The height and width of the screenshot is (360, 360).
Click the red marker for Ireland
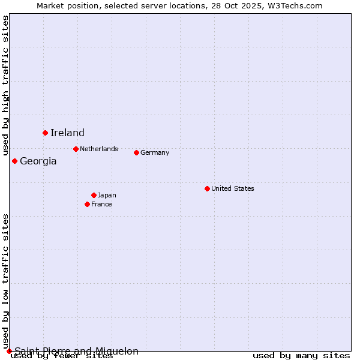click(45, 133)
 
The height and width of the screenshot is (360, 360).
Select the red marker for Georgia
click(14, 161)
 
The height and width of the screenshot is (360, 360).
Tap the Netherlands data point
click(76, 149)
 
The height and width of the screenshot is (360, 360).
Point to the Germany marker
click(136, 152)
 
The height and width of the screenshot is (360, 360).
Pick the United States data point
click(207, 188)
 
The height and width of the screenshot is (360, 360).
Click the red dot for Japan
click(94, 195)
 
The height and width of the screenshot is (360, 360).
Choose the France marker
click(87, 204)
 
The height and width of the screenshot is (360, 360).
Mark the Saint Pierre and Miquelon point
click(9, 351)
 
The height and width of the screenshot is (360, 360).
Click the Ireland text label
click(67, 133)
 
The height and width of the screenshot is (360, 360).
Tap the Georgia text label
click(38, 161)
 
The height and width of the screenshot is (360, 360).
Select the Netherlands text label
click(99, 149)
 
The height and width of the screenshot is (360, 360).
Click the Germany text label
click(155, 152)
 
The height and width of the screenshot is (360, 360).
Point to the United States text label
click(233, 188)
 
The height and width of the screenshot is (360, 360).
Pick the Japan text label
click(107, 195)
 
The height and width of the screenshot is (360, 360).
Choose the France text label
click(101, 204)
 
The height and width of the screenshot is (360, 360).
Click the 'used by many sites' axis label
click(301, 356)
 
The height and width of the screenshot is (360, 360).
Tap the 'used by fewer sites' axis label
click(62, 356)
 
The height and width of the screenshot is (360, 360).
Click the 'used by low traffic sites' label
click(6, 281)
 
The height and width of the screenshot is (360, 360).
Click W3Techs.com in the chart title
click(294, 5)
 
